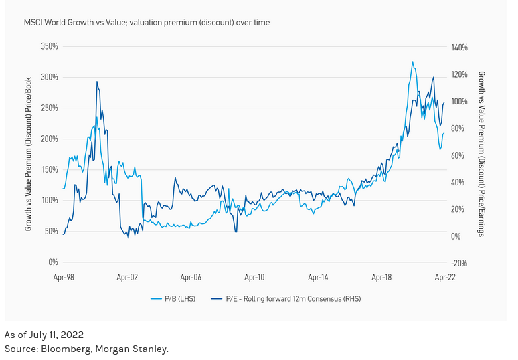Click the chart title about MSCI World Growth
click(x=147, y=23)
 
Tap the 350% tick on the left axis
click(x=50, y=47)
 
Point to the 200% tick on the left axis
click(x=50, y=139)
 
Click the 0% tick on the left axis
click(x=53, y=262)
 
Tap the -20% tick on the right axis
click(x=459, y=264)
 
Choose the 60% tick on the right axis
click(x=458, y=156)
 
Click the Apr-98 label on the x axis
click(x=64, y=276)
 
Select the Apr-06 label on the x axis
click(x=191, y=276)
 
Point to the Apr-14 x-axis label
click(x=318, y=276)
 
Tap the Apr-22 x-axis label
click(x=445, y=276)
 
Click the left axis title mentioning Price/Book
click(x=29, y=155)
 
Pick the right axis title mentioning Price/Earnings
click(x=481, y=154)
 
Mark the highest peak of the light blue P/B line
click(x=412, y=62)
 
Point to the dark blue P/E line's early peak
click(x=97, y=82)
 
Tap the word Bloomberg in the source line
click(x=64, y=349)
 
